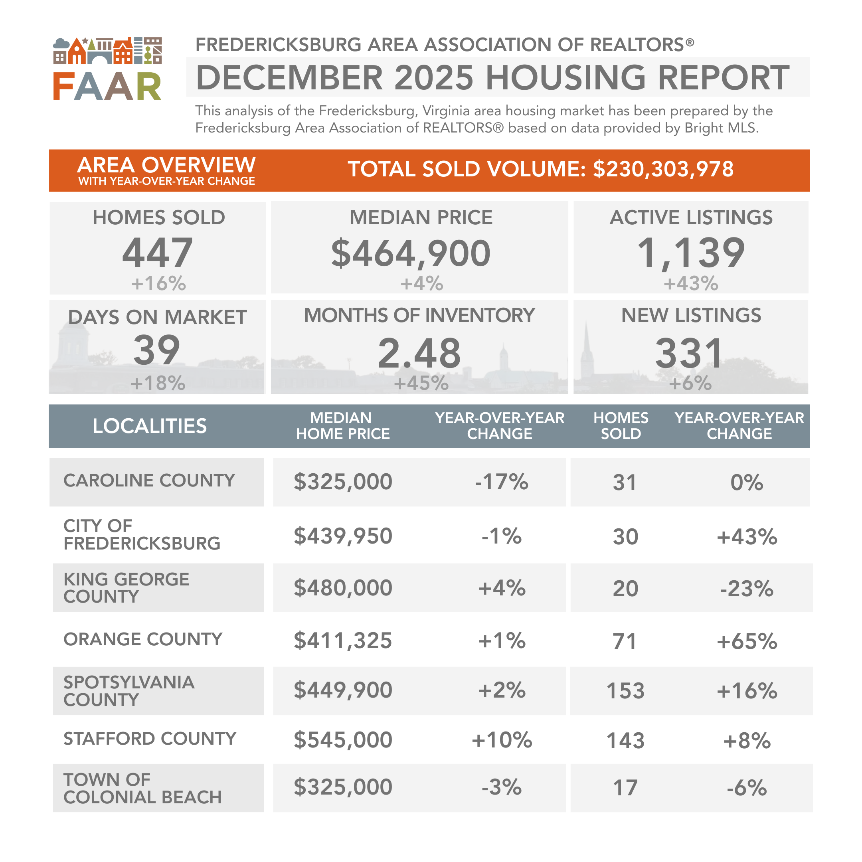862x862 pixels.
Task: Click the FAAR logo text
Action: pyautogui.click(x=107, y=87)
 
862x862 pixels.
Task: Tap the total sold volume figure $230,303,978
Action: pyautogui.click(x=663, y=169)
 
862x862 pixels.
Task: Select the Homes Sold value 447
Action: pyautogui.click(x=158, y=253)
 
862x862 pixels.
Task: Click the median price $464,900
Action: pyautogui.click(x=411, y=253)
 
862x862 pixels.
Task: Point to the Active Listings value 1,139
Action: pyautogui.click(x=691, y=253)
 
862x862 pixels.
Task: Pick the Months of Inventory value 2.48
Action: pyautogui.click(x=419, y=353)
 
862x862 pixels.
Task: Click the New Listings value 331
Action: pyautogui.click(x=689, y=353)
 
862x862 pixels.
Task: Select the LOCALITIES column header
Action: pyautogui.click(x=150, y=426)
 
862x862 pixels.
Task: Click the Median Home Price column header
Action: pyautogui.click(x=343, y=426)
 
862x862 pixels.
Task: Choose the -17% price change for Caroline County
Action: pyautogui.click(x=502, y=482)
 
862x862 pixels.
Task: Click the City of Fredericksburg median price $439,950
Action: pyautogui.click(x=343, y=536)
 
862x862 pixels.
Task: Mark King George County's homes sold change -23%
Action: pyautogui.click(x=746, y=589)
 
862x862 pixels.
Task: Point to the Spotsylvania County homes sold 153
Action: pyautogui.click(x=625, y=691)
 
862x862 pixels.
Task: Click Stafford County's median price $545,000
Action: pyautogui.click(x=343, y=740)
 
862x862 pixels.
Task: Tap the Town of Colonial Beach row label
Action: pyautogui.click(x=142, y=789)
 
